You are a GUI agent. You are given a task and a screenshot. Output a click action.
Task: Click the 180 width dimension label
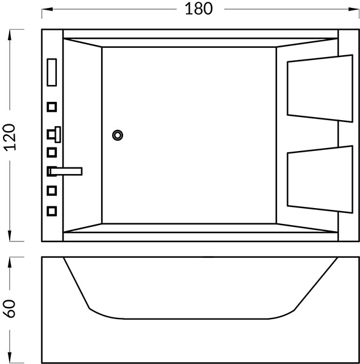coord(199,9)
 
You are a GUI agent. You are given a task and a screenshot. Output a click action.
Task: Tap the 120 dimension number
coord(10,138)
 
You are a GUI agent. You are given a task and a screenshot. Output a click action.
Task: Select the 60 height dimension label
coord(10,309)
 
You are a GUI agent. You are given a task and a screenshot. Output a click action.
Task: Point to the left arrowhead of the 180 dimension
coord(47,9)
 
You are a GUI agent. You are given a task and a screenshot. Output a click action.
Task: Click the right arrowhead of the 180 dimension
coord(354,9)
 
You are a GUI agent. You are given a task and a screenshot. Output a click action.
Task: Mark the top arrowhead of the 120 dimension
coord(10,35)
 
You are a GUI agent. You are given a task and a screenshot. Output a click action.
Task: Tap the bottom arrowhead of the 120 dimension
coord(10,236)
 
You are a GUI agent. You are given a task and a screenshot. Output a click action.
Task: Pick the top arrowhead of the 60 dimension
coord(10,263)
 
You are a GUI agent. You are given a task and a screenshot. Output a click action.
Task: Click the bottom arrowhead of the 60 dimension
coord(10,357)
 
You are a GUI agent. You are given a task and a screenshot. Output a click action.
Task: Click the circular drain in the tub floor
coord(118,135)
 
